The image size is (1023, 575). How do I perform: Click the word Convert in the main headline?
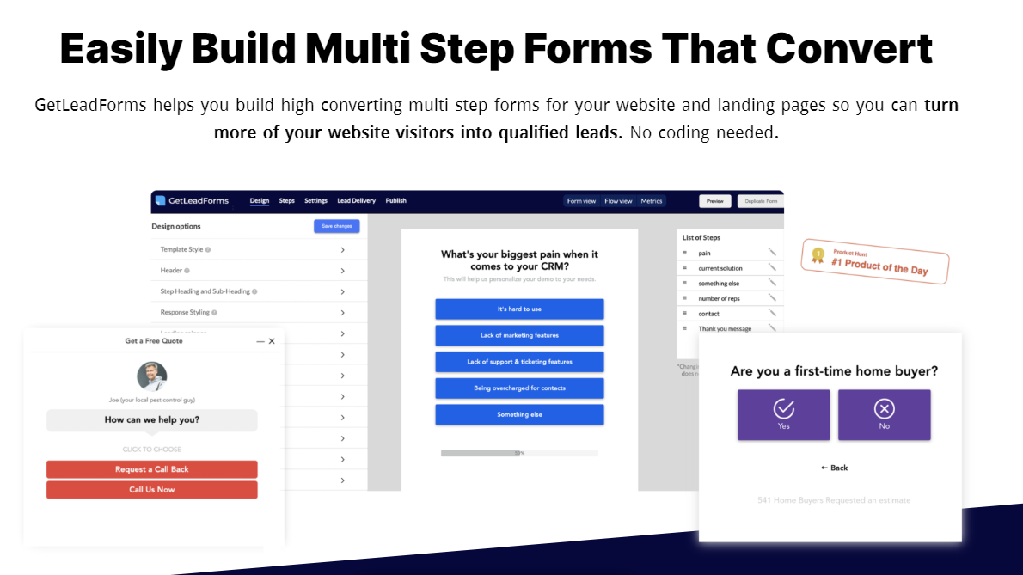848,48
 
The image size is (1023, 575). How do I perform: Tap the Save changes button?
336,226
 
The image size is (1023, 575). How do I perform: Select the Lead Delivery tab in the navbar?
356,201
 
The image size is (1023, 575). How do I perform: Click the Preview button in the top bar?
714,201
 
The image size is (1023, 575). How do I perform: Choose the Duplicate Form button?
760,201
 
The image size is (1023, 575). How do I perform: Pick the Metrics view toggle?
652,201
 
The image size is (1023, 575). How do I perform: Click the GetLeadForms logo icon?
160,201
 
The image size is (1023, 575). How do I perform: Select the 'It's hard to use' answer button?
519,309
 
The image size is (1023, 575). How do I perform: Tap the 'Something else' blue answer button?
519,415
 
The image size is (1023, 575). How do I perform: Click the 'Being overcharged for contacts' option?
519,388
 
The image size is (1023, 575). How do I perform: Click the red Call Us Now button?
151,490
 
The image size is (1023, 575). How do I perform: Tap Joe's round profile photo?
152,376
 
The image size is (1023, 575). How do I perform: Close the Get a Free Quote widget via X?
272,341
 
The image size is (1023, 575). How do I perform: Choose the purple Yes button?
783,415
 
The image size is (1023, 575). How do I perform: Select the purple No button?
884,415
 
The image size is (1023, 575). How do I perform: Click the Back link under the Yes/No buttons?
834,468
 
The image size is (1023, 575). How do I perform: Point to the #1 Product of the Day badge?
875,261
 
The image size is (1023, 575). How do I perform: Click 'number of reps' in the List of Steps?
719,298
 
